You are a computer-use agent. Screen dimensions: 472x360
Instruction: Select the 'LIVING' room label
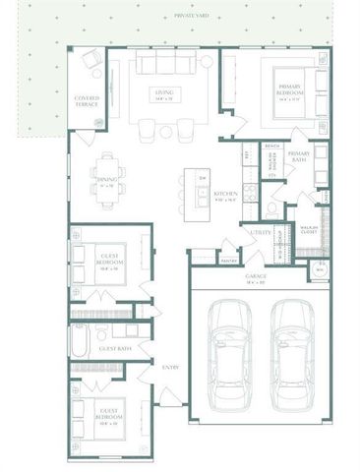pyautogui.click(x=163, y=93)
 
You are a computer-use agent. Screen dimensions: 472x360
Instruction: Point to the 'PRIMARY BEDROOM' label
pyautogui.click(x=292, y=88)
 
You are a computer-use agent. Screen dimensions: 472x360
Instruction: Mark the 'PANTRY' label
pyautogui.click(x=228, y=261)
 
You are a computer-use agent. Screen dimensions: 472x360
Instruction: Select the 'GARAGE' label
pyautogui.click(x=259, y=278)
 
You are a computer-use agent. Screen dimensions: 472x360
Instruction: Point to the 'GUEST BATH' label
pyautogui.click(x=114, y=348)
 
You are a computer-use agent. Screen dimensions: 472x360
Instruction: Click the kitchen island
pyautogui.click(x=201, y=187)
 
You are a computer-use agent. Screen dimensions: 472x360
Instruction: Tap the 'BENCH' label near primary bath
pyautogui.click(x=272, y=147)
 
